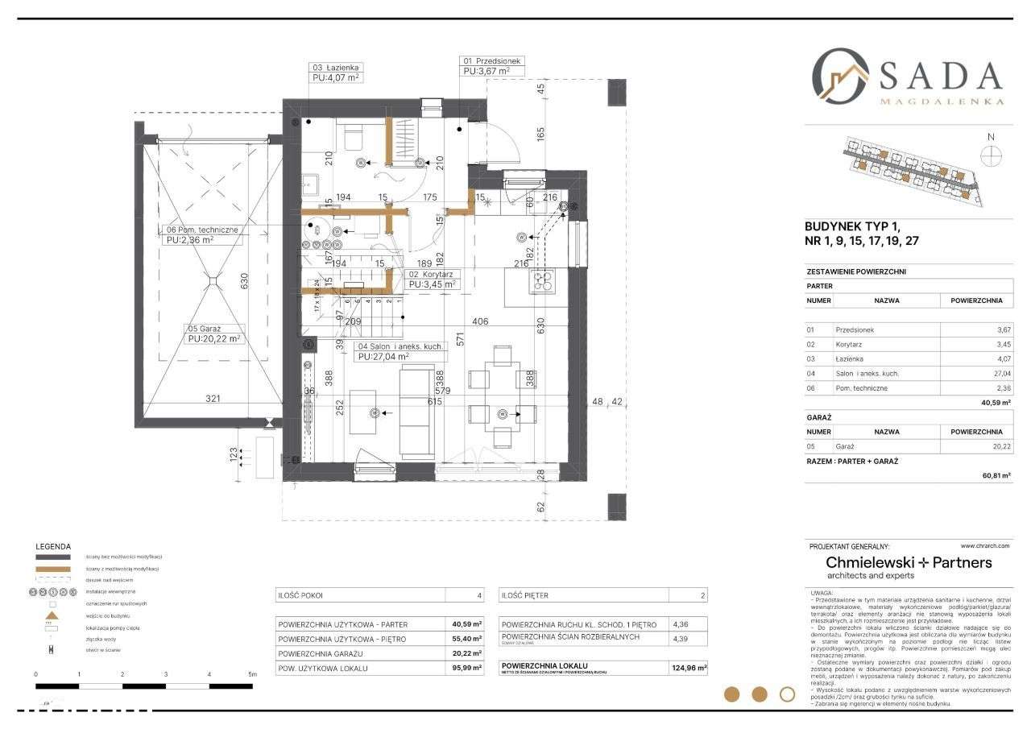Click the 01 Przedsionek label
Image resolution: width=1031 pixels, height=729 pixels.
(x=492, y=60)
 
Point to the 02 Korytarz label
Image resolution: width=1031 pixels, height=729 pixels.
(x=434, y=274)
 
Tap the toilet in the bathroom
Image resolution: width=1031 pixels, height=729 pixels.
(x=352, y=138)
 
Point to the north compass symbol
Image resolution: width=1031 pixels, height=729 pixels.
(x=992, y=155)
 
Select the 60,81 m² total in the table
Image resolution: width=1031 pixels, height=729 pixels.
(x=991, y=475)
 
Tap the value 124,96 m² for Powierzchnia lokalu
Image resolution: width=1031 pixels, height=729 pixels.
(x=689, y=668)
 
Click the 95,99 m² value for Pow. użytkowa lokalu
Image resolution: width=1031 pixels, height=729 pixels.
(x=466, y=668)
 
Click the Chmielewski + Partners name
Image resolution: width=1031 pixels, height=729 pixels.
(x=909, y=562)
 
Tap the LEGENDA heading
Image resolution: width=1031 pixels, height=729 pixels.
(x=53, y=546)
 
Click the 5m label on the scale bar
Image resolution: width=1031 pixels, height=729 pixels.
(x=252, y=673)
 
